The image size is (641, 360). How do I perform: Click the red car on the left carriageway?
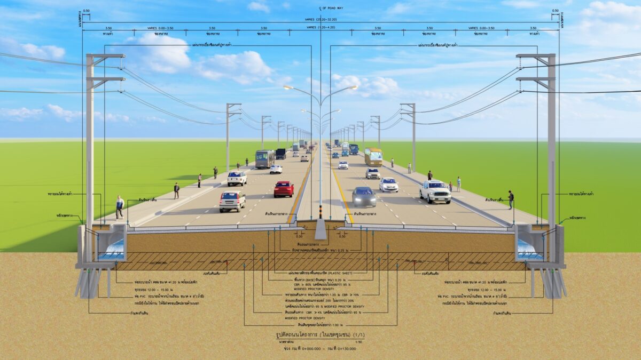pos(284,189)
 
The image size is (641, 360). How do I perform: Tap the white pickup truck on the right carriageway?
pos(435,191)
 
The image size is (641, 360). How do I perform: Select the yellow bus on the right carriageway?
pos(373,156)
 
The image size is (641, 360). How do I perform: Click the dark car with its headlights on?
pos(364,197)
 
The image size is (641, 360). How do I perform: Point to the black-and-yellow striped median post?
pos(320,213)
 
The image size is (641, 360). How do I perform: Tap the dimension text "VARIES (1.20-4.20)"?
pos(320,27)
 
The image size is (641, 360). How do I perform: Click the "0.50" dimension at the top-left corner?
pos(86,11)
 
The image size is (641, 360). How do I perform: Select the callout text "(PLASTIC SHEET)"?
pos(342,273)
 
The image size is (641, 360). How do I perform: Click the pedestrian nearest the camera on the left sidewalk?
pos(120,207)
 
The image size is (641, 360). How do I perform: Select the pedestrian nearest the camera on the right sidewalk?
pos(511,199)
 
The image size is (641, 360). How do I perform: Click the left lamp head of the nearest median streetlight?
pos(288,86)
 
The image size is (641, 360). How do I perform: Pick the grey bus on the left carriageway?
pos(264,158)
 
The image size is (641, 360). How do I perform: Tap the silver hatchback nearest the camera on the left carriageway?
pos(232,202)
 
